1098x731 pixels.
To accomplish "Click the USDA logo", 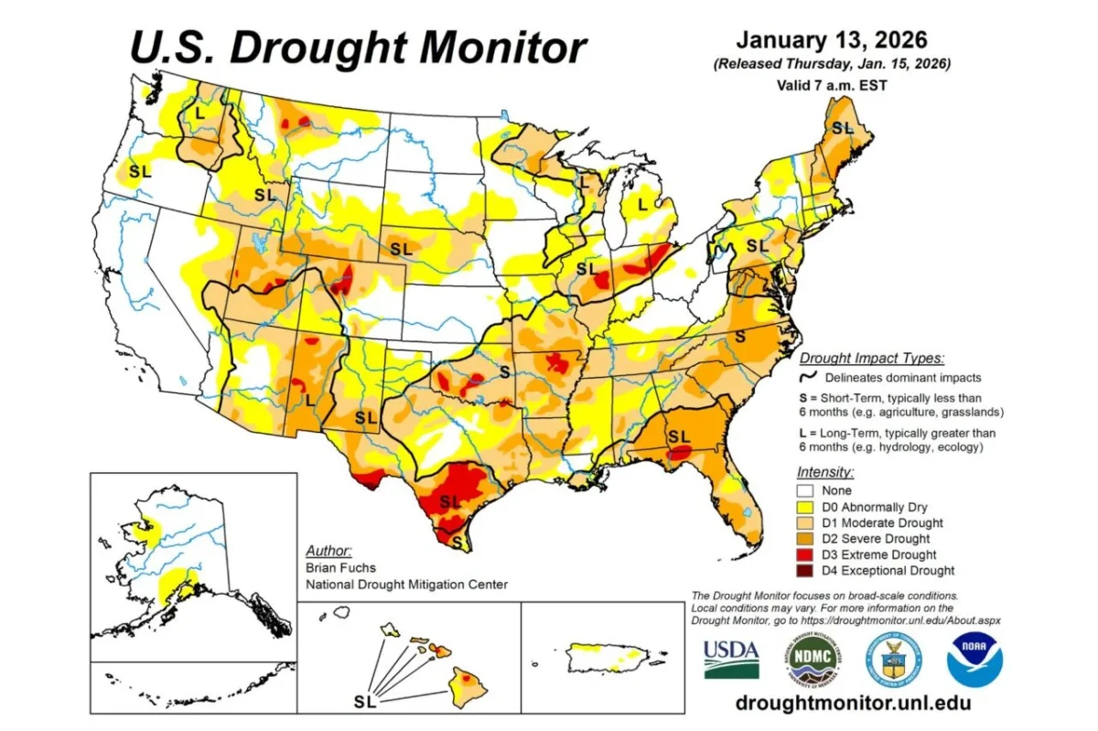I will pyautogui.click(x=731, y=658).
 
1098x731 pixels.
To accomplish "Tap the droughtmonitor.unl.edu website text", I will pyautogui.click(x=840, y=703).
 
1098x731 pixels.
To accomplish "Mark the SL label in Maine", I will pyautogui.click(x=841, y=127).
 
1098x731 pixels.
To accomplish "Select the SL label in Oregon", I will pyautogui.click(x=140, y=170).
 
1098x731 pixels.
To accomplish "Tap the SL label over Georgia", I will pyautogui.click(x=678, y=435).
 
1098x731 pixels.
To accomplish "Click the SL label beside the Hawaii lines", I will pyautogui.click(x=364, y=703).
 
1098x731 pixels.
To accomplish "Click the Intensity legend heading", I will pyautogui.click(x=824, y=473).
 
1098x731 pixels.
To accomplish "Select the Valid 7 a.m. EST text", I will pyautogui.click(x=831, y=85).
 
